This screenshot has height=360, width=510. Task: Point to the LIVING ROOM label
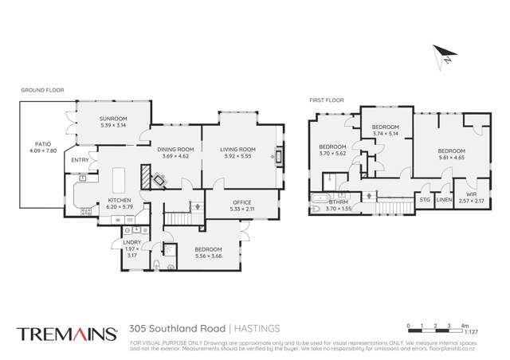pyautogui.click(x=237, y=149)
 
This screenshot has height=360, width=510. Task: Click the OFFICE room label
pyautogui.click(x=241, y=202)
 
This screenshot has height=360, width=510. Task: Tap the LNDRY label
pyautogui.click(x=132, y=242)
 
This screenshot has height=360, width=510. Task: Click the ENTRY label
pyautogui.click(x=80, y=160)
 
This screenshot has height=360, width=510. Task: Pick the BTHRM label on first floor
pyautogui.click(x=339, y=202)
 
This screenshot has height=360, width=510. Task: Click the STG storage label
pyautogui.click(x=425, y=199)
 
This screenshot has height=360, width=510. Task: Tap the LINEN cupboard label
pyautogui.click(x=444, y=199)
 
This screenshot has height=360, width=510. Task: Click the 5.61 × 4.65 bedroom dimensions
pyautogui.click(x=450, y=158)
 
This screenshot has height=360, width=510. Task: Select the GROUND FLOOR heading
pyautogui.click(x=41, y=91)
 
